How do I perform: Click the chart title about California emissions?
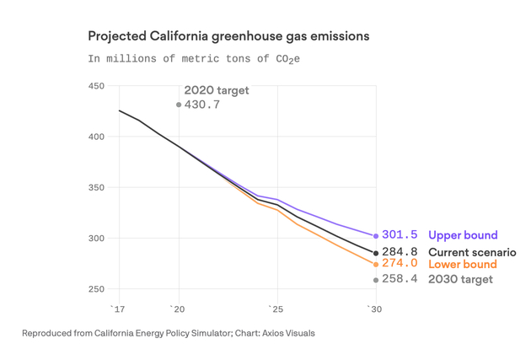[x=228, y=37]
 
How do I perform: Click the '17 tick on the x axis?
[x=118, y=309]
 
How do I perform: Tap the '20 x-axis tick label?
[x=178, y=309]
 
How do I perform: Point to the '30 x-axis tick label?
[x=375, y=309]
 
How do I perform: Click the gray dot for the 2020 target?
[x=178, y=105]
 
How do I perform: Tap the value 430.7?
[x=202, y=105]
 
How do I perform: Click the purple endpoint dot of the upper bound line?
[x=376, y=236]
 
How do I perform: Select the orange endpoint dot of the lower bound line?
[x=376, y=265]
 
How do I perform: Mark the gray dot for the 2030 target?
[x=376, y=280]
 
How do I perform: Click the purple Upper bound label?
[x=463, y=235]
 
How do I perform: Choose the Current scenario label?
[x=472, y=252]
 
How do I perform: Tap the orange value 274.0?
[x=400, y=264]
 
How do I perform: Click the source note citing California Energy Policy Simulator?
[x=169, y=333]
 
